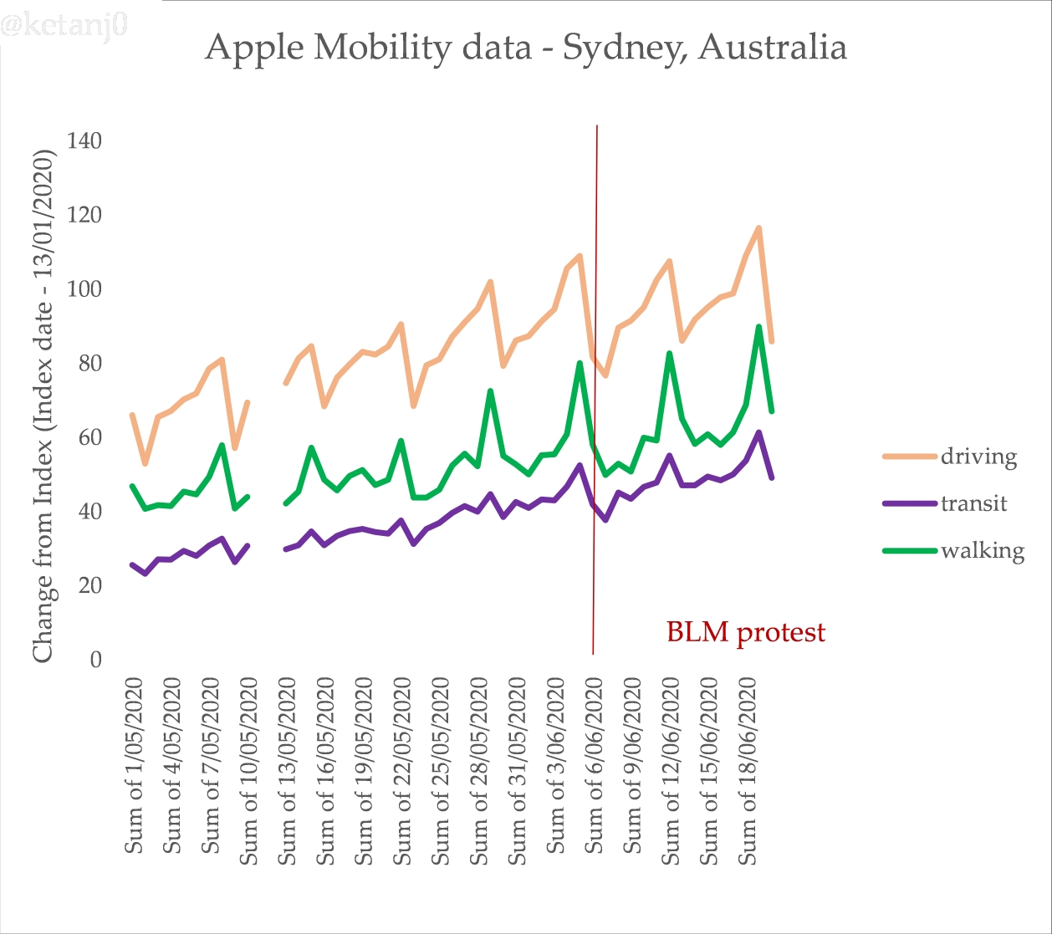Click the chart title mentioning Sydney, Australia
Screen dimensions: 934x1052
click(x=526, y=48)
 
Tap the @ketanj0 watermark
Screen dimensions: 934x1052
click(x=64, y=26)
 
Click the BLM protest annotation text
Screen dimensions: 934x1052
click(x=745, y=632)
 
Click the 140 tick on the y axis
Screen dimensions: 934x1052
click(x=84, y=140)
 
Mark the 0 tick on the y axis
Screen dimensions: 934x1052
click(x=95, y=660)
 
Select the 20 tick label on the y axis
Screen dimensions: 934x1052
click(x=88, y=585)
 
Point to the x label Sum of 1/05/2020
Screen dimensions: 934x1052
click(x=135, y=765)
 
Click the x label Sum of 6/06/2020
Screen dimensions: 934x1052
click(x=594, y=765)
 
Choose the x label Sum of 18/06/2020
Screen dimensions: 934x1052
click(x=748, y=770)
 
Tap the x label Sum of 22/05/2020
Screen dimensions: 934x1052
click(x=403, y=770)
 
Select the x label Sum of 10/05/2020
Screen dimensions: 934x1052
click(x=249, y=770)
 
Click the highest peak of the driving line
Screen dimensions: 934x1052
click(x=758, y=227)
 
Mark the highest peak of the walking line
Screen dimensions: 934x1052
click(x=758, y=327)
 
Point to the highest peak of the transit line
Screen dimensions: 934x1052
click(x=758, y=432)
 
